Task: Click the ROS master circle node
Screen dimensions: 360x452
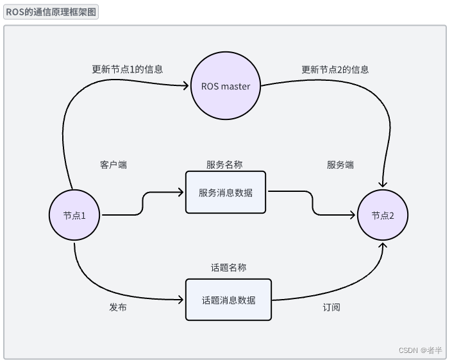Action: [225, 87]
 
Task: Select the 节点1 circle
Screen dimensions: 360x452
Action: [76, 215]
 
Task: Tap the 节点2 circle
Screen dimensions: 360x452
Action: [383, 215]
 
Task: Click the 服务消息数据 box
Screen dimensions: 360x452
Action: [225, 193]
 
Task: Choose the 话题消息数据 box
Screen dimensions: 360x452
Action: [228, 300]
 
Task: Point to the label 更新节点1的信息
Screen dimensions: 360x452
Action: [127, 69]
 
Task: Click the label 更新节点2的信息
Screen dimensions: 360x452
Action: [335, 69]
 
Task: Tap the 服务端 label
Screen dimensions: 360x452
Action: [340, 165]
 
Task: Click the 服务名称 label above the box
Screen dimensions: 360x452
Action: [224, 165]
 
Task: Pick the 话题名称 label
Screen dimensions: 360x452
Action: [228, 268]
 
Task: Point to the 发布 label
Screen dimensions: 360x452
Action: [117, 307]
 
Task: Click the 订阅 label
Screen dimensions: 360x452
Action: [331, 307]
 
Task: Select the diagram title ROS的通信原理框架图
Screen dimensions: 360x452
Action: [51, 12]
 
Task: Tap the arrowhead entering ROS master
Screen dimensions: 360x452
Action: [187, 87]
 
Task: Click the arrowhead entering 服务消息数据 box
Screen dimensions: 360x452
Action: [182, 193]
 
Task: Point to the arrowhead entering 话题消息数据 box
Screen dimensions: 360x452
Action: [182, 300]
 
